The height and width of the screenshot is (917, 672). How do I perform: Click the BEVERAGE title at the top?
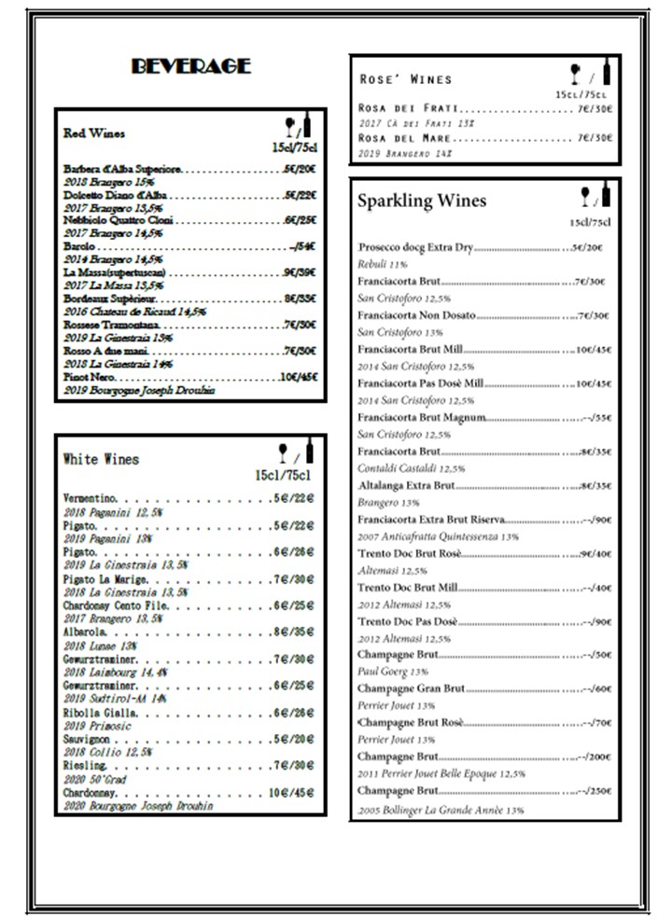pos(190,66)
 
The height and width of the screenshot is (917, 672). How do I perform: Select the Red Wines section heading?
pos(94,133)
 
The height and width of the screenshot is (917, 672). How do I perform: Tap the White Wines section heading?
pos(101,459)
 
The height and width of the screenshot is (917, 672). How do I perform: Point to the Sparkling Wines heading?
pos(422,201)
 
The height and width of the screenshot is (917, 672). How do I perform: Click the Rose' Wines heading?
pos(405,79)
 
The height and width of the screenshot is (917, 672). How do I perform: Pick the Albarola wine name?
pos(85,632)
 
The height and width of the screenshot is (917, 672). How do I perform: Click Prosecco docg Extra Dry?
pos(416,248)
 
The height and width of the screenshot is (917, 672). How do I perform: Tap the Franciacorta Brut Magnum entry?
pos(422,418)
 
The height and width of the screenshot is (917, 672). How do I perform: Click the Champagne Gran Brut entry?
pos(411,688)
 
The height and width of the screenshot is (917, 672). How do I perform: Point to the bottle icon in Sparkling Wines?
pos(607,193)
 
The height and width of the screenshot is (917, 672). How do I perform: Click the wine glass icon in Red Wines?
pos(289,126)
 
